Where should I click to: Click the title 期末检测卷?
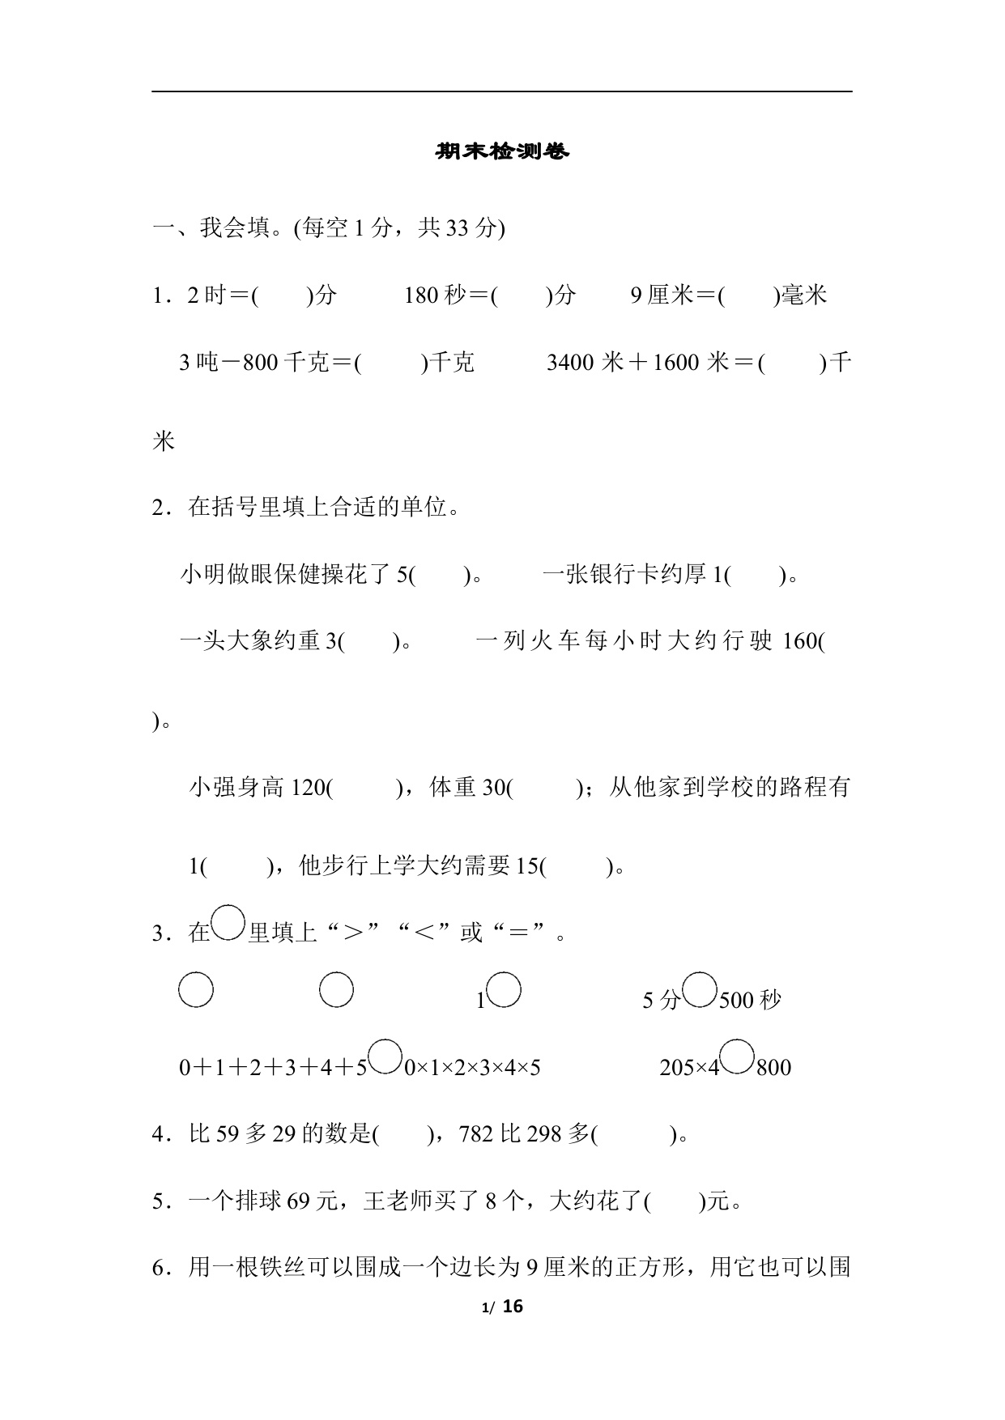(x=502, y=151)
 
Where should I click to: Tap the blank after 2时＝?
(x=283, y=295)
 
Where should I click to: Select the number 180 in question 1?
(x=421, y=295)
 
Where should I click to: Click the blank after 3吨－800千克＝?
(x=390, y=363)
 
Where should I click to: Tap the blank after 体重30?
(x=543, y=787)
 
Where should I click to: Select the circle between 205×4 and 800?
(x=737, y=1058)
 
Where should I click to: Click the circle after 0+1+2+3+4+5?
(x=385, y=1058)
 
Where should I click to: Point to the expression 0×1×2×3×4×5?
(x=472, y=1068)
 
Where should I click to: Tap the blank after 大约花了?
(x=675, y=1201)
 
